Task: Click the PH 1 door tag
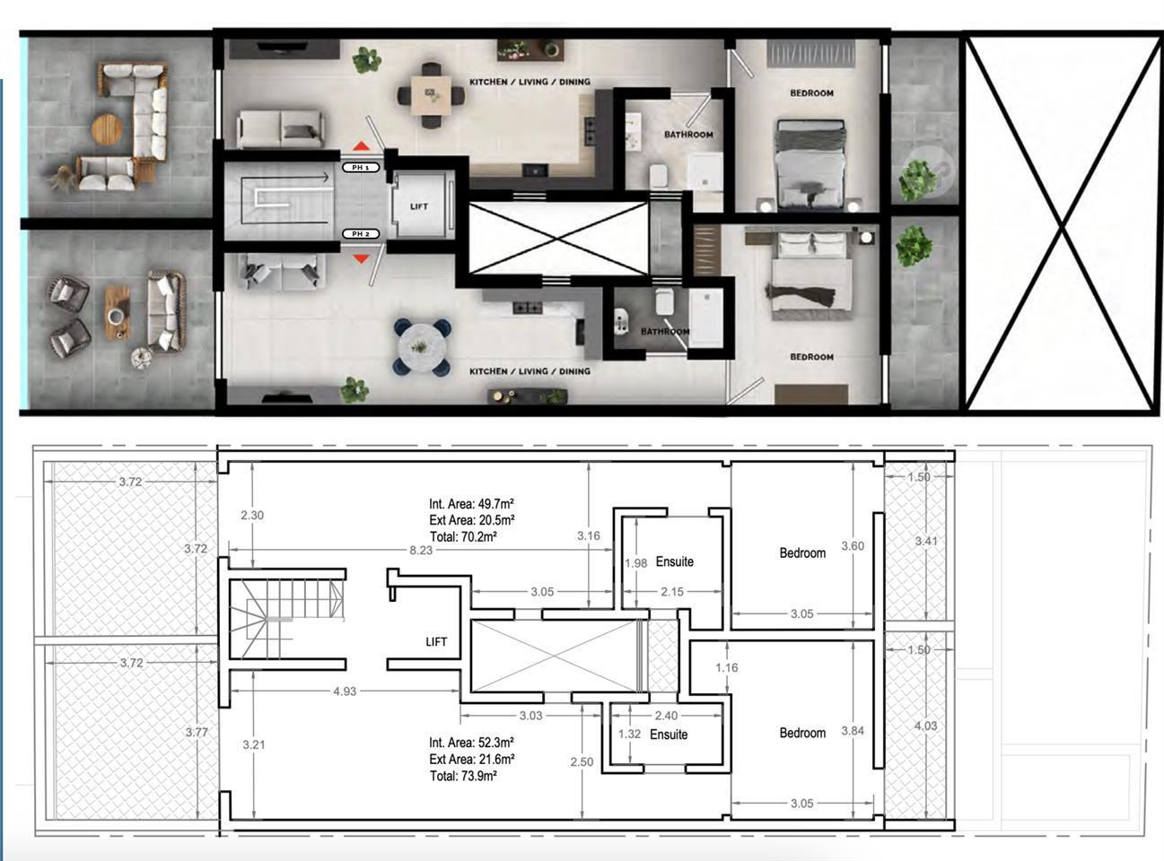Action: [x=361, y=168]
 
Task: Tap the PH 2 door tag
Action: [x=361, y=233]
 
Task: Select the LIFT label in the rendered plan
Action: [x=419, y=206]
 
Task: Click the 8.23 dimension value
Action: [x=421, y=551]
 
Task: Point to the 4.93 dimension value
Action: [x=345, y=691]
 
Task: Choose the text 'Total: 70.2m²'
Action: [x=463, y=536]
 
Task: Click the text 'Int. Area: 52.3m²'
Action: [x=471, y=743]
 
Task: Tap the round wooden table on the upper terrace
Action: [x=107, y=128]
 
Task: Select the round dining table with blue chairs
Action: [x=423, y=347]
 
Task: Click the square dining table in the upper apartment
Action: [x=431, y=95]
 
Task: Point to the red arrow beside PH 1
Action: [x=361, y=146]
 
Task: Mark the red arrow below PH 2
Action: [x=361, y=258]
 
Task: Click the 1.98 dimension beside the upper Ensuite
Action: [x=635, y=563]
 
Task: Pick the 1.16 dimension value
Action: [x=726, y=667]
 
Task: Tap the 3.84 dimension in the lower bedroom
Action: [x=853, y=730]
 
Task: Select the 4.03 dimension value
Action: [x=925, y=726]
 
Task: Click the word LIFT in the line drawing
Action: [x=436, y=641]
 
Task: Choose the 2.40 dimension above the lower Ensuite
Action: [x=666, y=716]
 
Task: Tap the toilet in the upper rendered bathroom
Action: [x=658, y=176]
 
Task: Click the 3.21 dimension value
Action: [x=253, y=744]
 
